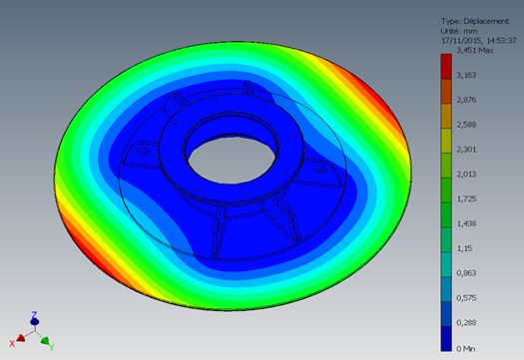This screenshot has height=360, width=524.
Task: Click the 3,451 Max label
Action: click(x=474, y=51)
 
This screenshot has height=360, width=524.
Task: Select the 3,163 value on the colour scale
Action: click(x=466, y=75)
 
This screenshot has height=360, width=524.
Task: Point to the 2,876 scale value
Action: click(x=466, y=100)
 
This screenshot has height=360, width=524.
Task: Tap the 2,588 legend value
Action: click(x=466, y=125)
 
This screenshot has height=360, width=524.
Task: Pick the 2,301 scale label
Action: click(x=466, y=150)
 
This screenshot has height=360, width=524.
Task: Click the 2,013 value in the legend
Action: click(x=466, y=174)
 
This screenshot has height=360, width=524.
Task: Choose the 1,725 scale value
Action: click(x=466, y=198)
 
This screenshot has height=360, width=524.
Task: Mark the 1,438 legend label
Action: click(x=466, y=223)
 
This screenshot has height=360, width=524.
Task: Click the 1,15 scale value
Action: click(x=464, y=248)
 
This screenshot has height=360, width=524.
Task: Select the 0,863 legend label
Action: click(x=466, y=273)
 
